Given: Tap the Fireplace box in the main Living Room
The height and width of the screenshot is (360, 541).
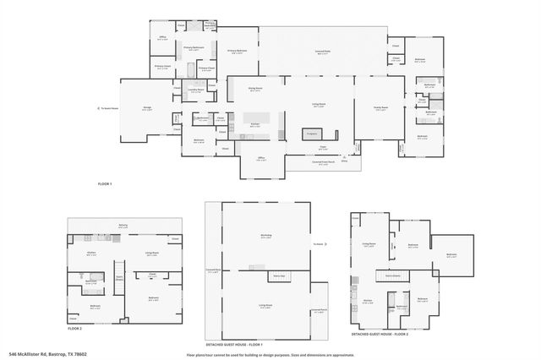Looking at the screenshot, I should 311,134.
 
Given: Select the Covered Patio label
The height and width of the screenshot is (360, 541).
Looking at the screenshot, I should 323,52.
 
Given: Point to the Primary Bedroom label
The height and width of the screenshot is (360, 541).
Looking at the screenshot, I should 237,52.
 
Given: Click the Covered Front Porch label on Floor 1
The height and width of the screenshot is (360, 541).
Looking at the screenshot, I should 323,163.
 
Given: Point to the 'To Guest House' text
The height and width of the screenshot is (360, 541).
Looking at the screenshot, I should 107,108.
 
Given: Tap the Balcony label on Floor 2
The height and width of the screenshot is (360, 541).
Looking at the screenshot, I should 123,225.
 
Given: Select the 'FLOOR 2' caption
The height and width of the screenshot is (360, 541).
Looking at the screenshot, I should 75,328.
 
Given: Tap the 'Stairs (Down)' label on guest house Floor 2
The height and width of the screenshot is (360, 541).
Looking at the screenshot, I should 392,275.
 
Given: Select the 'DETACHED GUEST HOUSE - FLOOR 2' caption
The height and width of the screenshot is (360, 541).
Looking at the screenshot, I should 380,335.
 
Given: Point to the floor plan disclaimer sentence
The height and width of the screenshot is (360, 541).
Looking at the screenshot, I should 270,354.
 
